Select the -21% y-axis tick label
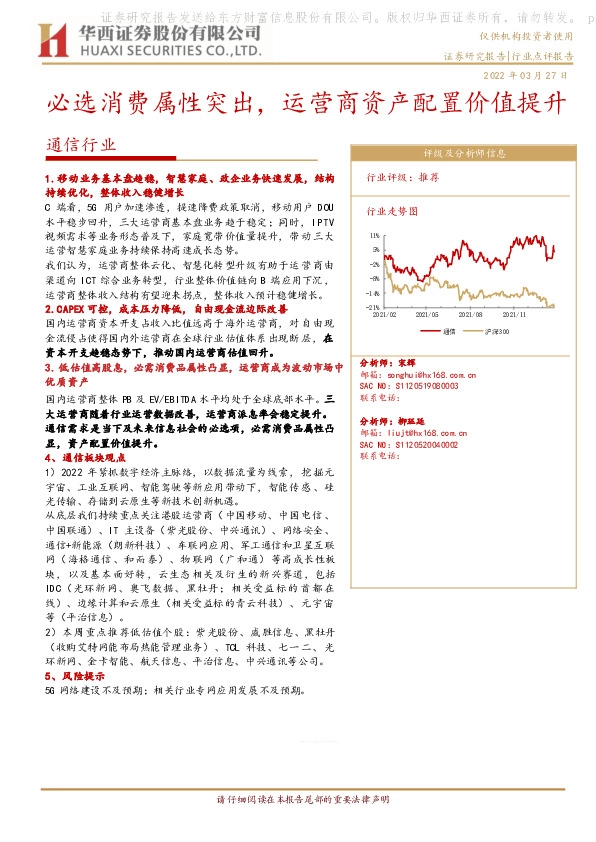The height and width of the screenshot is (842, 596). coord(371,308)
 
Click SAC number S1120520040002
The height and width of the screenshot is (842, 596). coord(410,443)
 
